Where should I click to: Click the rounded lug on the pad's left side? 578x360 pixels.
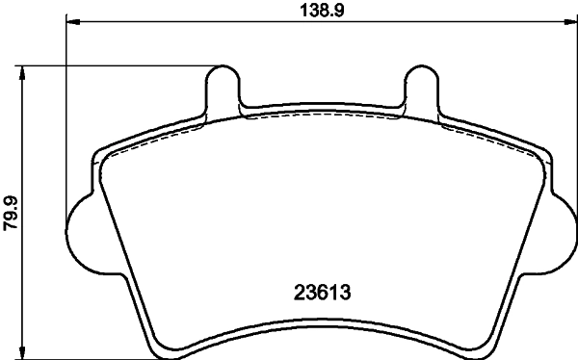80,230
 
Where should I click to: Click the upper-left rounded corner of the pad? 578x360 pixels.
100,156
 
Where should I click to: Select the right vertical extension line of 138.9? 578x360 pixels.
576,116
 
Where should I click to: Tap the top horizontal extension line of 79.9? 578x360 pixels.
116,65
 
